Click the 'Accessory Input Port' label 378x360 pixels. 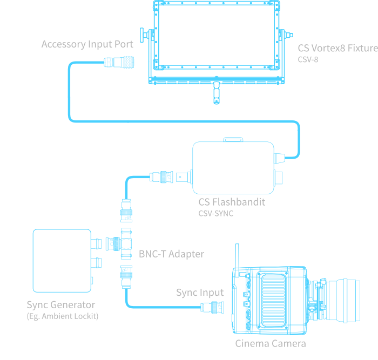click(x=87, y=44)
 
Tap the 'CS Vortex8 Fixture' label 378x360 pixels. click(x=337, y=48)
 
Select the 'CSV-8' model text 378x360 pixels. click(x=308, y=59)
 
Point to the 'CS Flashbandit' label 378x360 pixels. click(x=232, y=202)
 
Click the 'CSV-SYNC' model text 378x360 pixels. click(x=216, y=214)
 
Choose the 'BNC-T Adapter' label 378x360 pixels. click(x=171, y=254)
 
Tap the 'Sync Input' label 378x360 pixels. click(x=199, y=293)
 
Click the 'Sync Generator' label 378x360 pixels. click(x=60, y=305)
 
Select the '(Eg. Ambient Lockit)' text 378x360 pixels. click(x=62, y=316)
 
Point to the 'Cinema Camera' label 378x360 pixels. click(x=270, y=343)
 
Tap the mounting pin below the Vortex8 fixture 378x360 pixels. click(x=217, y=92)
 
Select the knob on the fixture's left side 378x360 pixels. click(x=144, y=37)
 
